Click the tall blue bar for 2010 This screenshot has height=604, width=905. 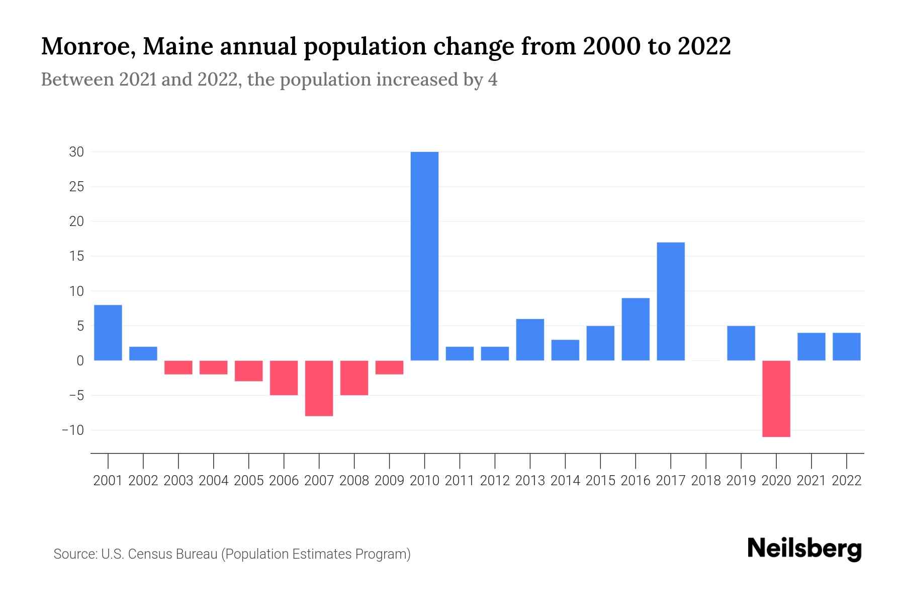click(424, 256)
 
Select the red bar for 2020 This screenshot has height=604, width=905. click(776, 398)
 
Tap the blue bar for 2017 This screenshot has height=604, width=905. click(671, 301)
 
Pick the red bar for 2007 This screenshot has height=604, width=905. click(319, 388)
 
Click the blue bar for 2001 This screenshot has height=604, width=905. click(108, 333)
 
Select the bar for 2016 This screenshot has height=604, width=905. click(636, 329)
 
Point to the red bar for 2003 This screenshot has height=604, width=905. click(178, 367)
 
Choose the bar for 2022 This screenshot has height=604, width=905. click(846, 346)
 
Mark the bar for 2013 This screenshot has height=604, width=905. click(530, 340)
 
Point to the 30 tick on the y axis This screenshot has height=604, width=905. click(76, 152)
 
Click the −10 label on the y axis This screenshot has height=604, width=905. click(72, 430)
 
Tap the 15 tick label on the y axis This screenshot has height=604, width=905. click(76, 256)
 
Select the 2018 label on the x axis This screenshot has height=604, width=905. click(706, 481)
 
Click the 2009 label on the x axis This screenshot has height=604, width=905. click(389, 481)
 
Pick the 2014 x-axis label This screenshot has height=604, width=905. click(565, 481)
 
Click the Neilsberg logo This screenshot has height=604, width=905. click(804, 549)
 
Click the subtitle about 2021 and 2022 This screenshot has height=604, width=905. click(269, 80)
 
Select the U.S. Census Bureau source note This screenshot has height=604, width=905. click(232, 554)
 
